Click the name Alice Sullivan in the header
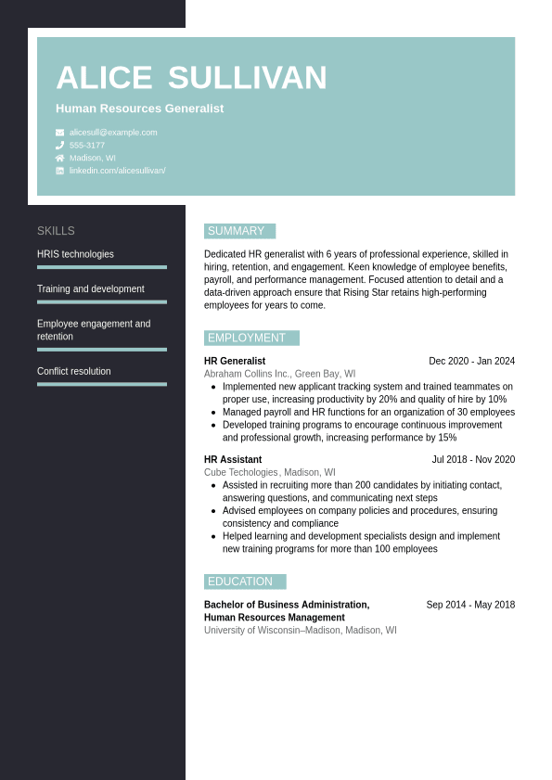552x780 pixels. click(x=191, y=78)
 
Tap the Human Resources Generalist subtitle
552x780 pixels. click(x=139, y=109)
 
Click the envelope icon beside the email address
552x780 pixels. click(x=60, y=133)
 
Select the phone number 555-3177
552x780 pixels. click(x=87, y=146)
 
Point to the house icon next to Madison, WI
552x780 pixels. click(x=60, y=158)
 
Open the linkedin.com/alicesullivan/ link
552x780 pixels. click(x=117, y=171)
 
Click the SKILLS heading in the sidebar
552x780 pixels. click(x=56, y=231)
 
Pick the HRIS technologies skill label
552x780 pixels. click(x=75, y=254)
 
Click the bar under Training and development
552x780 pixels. click(x=102, y=301)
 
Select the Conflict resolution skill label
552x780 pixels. click(x=73, y=372)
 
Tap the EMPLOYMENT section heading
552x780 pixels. click(x=250, y=338)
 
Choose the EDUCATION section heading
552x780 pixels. click(x=244, y=582)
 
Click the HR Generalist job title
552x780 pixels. click(x=235, y=361)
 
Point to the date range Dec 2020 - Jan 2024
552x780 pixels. click(x=471, y=361)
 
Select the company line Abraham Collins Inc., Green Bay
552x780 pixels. click(x=279, y=374)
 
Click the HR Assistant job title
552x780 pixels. click(x=233, y=459)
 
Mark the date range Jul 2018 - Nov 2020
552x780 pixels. click(x=473, y=459)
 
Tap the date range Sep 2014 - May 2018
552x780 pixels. click(x=470, y=605)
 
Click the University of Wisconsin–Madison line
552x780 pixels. click(x=300, y=630)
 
